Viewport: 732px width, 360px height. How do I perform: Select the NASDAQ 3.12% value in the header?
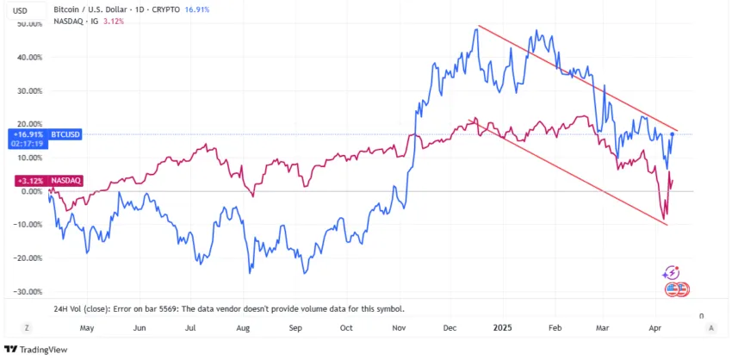[x=114, y=21]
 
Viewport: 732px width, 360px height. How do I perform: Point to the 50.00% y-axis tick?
[x=29, y=24]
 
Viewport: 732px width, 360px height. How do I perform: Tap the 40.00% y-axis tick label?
[x=29, y=58]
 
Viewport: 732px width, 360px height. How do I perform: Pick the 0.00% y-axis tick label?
[x=31, y=191]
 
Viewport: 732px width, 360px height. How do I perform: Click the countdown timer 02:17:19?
[x=28, y=143]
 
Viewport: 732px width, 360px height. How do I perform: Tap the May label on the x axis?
[x=86, y=328]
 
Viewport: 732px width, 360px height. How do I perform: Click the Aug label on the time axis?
[x=243, y=328]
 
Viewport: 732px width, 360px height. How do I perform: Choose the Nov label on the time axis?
[x=399, y=328]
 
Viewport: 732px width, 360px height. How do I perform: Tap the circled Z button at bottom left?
[x=28, y=328]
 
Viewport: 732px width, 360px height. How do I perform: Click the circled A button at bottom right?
[x=711, y=328]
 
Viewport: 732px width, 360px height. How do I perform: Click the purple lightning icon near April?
[x=671, y=272]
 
